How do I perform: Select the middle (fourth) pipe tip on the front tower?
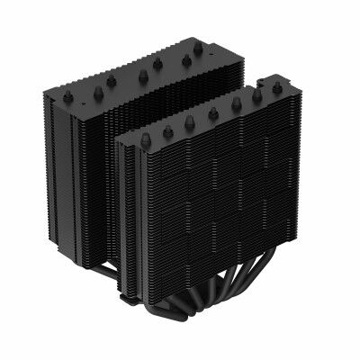tap(213, 113)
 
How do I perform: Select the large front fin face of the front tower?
tap(216, 207)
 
